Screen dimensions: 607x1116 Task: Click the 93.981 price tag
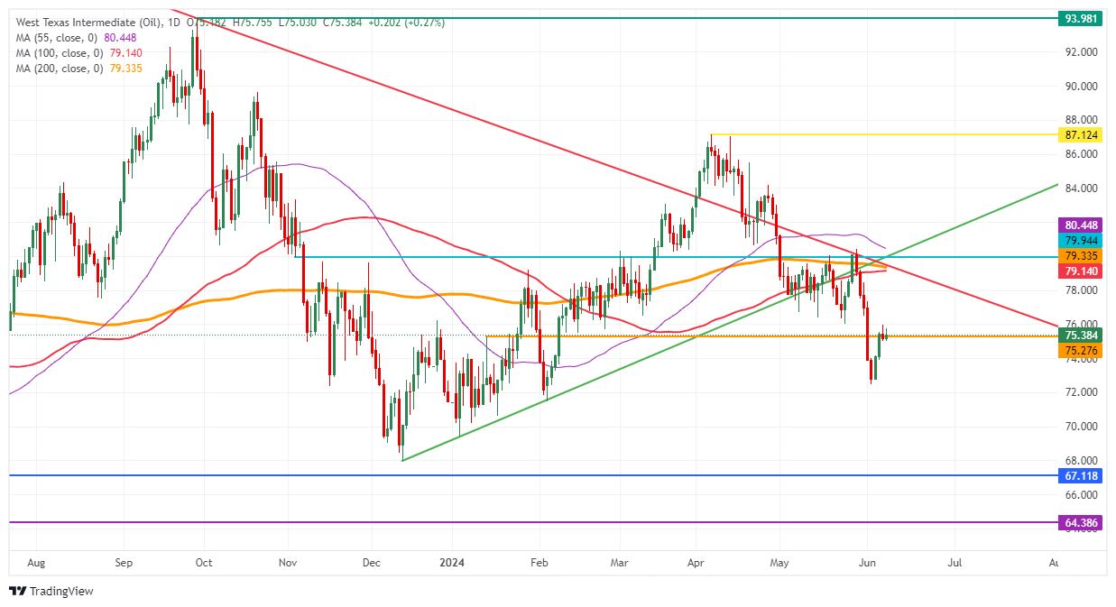click(x=1081, y=18)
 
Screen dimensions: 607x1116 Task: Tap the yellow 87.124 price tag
click(x=1081, y=134)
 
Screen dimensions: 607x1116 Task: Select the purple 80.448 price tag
click(x=1081, y=225)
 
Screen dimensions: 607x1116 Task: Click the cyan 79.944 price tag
click(x=1081, y=240)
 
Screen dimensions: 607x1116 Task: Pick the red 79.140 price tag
click(x=1081, y=271)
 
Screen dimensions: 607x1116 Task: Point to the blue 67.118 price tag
click(x=1081, y=474)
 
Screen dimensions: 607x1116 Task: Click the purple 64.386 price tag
click(x=1081, y=522)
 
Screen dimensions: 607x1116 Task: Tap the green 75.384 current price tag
click(x=1081, y=336)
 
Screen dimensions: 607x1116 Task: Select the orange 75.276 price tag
click(x=1081, y=350)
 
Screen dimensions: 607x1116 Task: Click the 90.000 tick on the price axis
click(x=1081, y=87)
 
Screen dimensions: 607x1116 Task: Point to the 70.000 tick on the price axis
click(x=1081, y=427)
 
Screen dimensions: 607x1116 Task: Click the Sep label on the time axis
click(x=124, y=563)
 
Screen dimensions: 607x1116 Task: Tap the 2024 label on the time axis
click(x=451, y=563)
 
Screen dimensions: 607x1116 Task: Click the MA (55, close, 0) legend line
click(x=76, y=38)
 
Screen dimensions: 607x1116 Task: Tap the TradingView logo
click(x=51, y=592)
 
